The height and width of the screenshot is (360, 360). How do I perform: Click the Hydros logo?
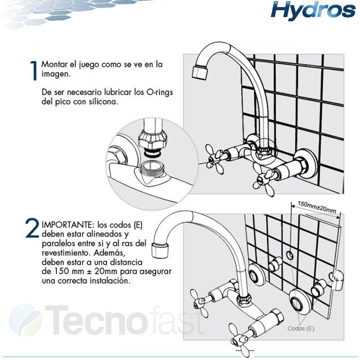[313, 10]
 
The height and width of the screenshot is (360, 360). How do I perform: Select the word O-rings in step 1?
[159, 92]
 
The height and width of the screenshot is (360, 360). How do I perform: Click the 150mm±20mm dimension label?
[317, 207]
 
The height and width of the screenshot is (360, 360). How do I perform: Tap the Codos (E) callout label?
[301, 328]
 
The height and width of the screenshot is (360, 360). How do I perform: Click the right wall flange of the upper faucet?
[306, 164]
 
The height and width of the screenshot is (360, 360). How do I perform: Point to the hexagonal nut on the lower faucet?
[277, 319]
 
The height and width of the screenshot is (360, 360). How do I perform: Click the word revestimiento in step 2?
[65, 253]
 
